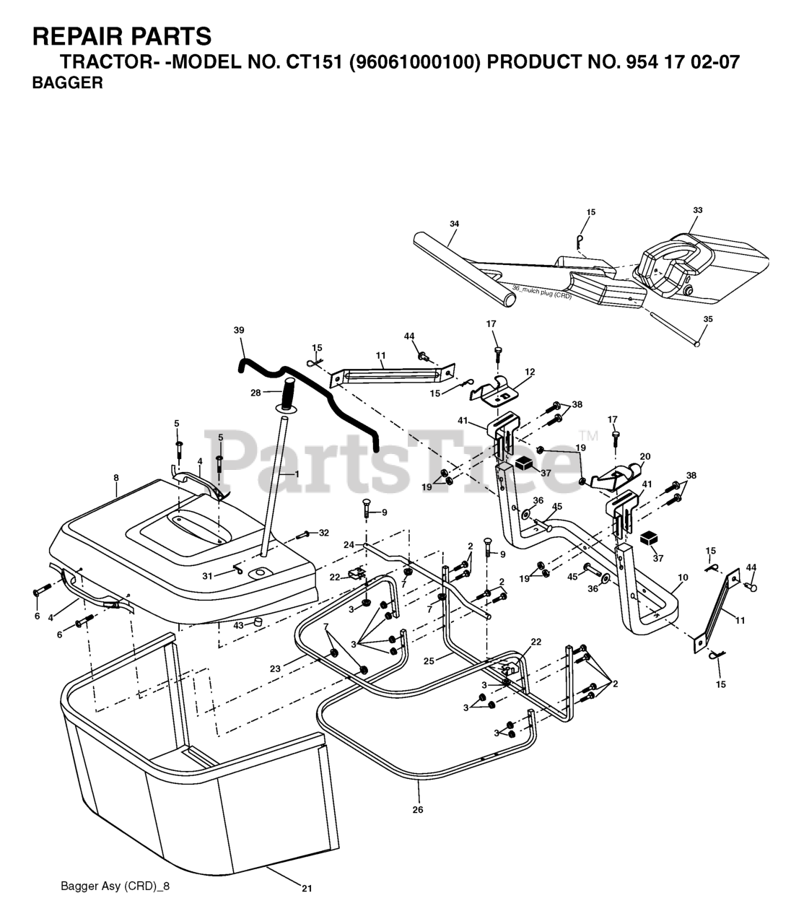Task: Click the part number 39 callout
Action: tap(239, 330)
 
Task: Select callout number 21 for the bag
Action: tap(307, 889)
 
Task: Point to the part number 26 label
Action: tap(418, 809)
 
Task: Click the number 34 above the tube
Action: tap(454, 224)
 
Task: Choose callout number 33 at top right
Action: tap(697, 210)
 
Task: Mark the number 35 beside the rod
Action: tap(707, 318)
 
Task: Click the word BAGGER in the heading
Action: tap(67, 83)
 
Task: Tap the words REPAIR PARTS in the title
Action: tap(122, 35)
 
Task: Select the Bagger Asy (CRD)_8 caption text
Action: tap(115, 886)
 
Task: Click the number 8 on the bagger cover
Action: tap(115, 477)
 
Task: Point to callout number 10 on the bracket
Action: tap(683, 577)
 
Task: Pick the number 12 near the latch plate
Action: tap(530, 372)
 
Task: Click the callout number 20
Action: tap(644, 456)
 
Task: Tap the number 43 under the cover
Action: tap(238, 624)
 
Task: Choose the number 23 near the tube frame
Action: tap(275, 669)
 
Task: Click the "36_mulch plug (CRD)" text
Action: tap(541, 292)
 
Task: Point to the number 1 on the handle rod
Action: tap(296, 473)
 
